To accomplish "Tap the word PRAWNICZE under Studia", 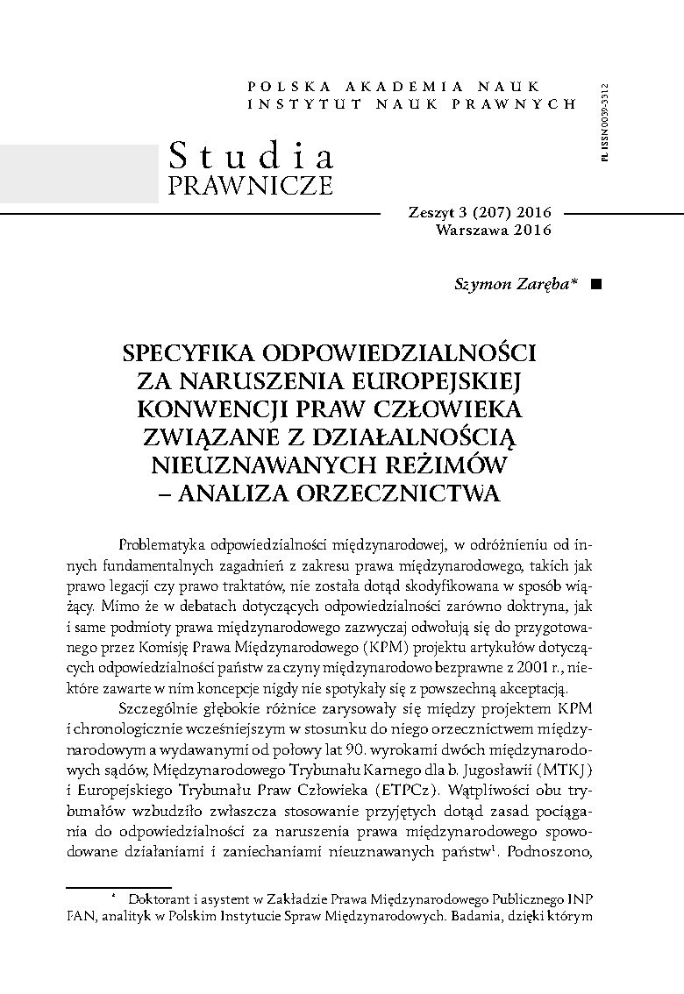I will pyautogui.click(x=250, y=186).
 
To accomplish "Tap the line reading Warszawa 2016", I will pyautogui.click(x=493, y=231).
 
